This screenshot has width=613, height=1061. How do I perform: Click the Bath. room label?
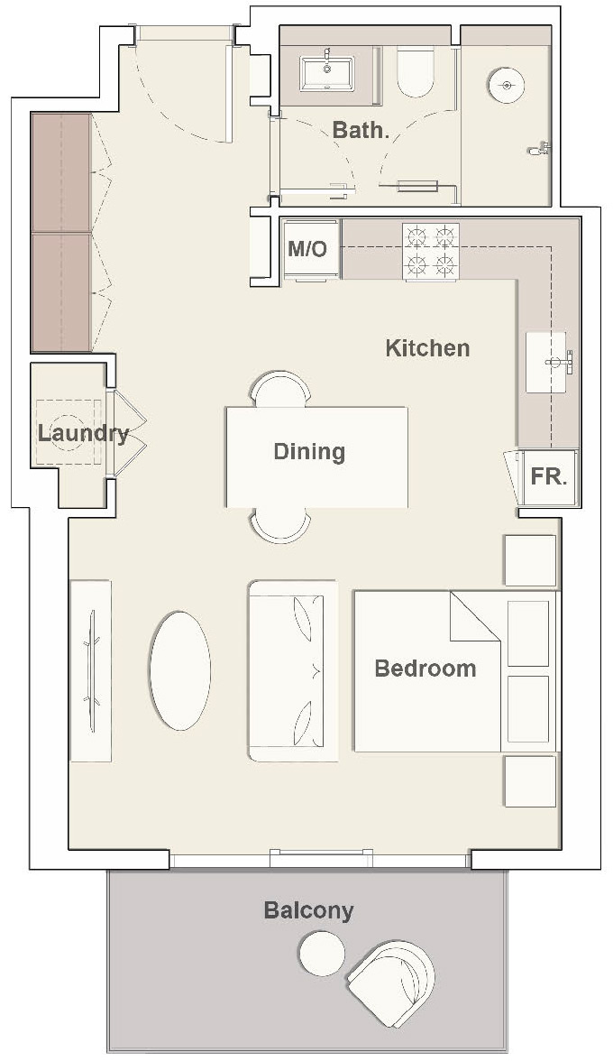pyautogui.click(x=361, y=130)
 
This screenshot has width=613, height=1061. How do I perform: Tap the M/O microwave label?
pyautogui.click(x=307, y=249)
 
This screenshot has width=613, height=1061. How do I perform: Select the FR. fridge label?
pyautogui.click(x=548, y=476)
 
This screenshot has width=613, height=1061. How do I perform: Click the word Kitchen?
pyautogui.click(x=427, y=348)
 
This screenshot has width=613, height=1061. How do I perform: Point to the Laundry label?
pyautogui.click(x=82, y=433)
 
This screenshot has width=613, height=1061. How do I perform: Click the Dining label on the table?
pyautogui.click(x=309, y=451)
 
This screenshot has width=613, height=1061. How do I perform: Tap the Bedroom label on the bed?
pyautogui.click(x=425, y=669)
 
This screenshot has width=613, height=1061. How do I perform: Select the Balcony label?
pyautogui.click(x=308, y=910)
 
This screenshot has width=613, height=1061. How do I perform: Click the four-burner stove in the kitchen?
pyautogui.click(x=430, y=251)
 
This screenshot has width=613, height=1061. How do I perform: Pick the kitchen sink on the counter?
pyautogui.click(x=548, y=362)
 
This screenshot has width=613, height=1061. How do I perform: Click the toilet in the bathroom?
pyautogui.click(x=416, y=72)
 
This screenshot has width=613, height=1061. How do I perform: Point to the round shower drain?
pyautogui.click(x=506, y=86)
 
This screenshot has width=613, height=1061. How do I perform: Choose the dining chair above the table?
pyautogui.click(x=280, y=391)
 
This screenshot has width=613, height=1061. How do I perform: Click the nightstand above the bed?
pyautogui.click(x=530, y=560)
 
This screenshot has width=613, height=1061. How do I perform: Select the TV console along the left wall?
pyautogui.click(x=90, y=670)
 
